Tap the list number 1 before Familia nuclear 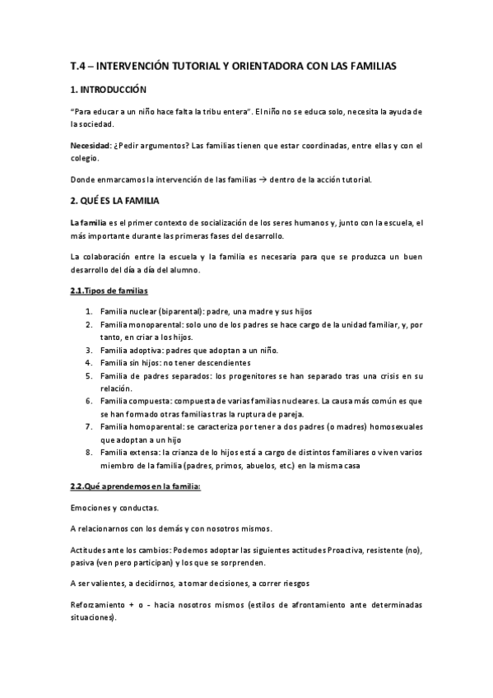click(88, 311)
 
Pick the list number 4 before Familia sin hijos click(88, 362)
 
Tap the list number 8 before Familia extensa click(88, 452)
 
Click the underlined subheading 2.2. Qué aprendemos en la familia click(130, 486)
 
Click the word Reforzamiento click(100, 605)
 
